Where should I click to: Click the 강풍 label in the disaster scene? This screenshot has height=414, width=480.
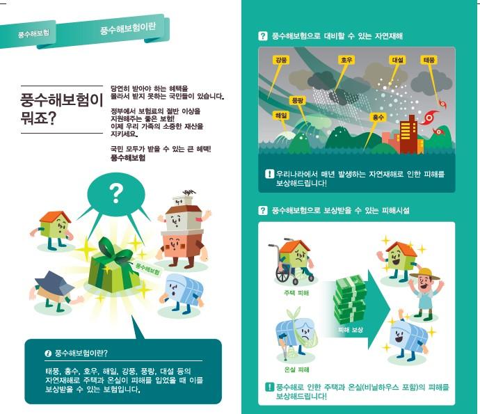tap(281, 61)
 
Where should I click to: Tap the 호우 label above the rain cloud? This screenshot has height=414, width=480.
tap(346, 61)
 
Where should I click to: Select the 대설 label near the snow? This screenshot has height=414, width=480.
tap(398, 61)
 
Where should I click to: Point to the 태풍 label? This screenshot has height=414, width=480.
tap(429, 61)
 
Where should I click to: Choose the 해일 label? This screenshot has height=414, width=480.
tap(281, 116)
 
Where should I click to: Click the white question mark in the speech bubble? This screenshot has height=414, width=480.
tap(116, 193)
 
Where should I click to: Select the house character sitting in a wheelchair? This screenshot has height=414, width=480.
tap(293, 261)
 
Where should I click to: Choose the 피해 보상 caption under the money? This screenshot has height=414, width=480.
tap(350, 328)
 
